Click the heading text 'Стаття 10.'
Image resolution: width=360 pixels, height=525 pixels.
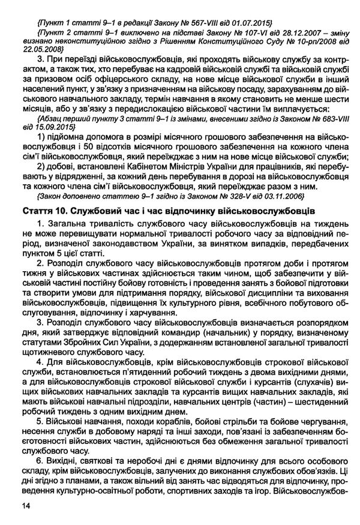[x=43, y=211]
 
